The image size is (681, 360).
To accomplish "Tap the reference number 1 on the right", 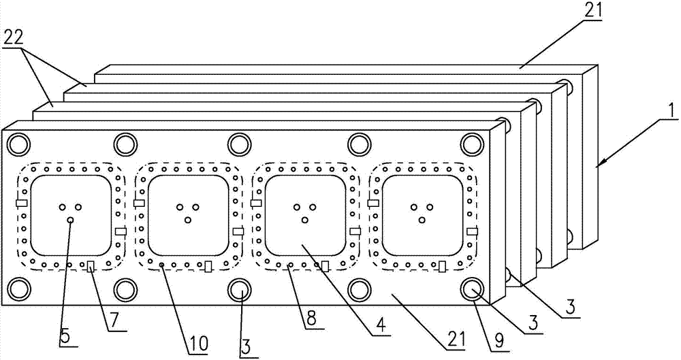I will [671, 109].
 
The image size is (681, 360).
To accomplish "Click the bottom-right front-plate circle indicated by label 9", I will [472, 289].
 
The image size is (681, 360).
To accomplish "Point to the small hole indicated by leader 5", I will [70, 219].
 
